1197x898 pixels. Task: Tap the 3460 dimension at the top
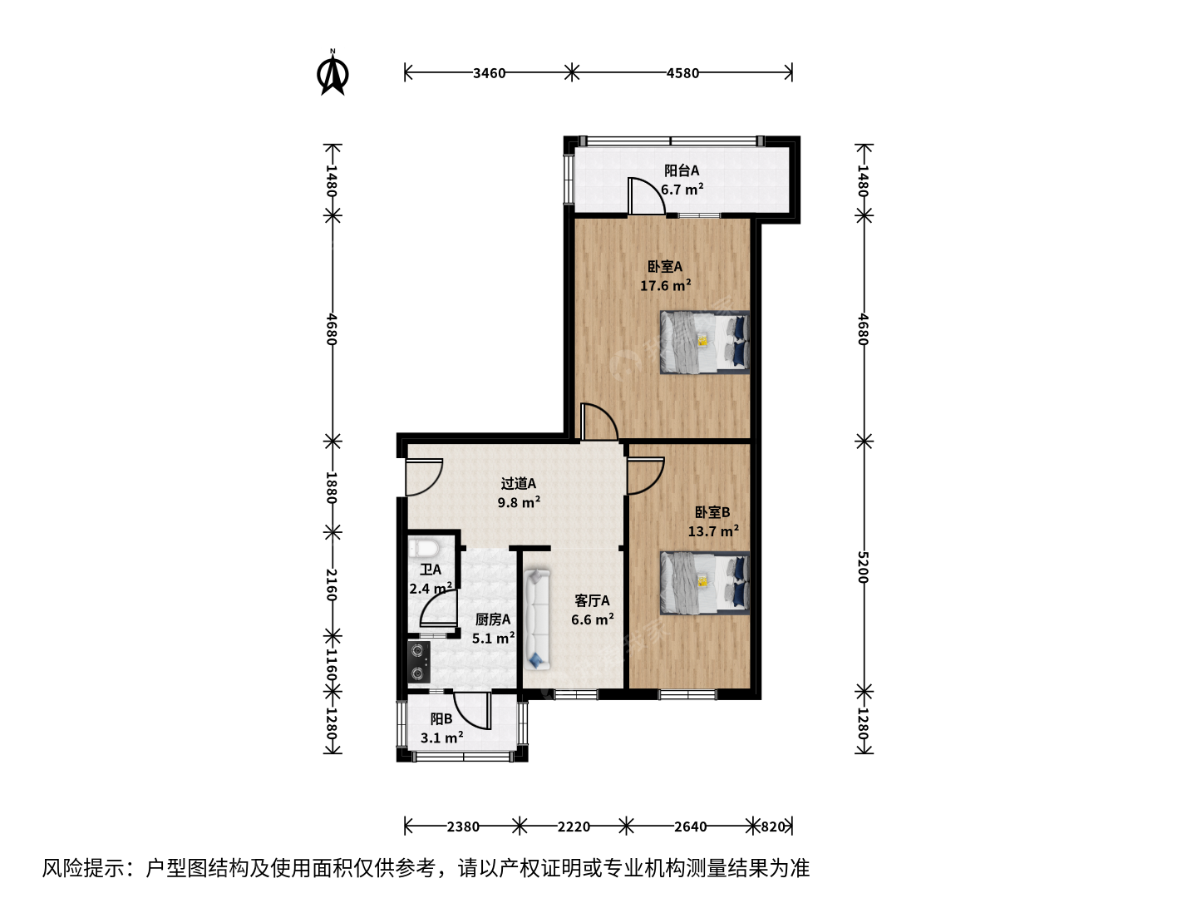tap(489, 73)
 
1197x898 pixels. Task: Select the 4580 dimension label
tap(682, 73)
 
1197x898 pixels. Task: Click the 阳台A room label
tap(681, 170)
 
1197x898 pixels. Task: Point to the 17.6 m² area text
tap(665, 285)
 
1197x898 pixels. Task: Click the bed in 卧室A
tap(705, 343)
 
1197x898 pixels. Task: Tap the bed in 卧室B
tap(705, 584)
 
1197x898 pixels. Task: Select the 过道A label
tap(518, 483)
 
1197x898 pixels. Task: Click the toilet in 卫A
tap(423, 547)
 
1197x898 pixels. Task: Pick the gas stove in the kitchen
tap(419, 663)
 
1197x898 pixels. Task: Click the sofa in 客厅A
tap(537, 620)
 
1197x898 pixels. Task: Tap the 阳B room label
tap(441, 719)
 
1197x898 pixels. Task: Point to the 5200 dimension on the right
tap(864, 567)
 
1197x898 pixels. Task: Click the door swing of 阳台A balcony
tap(647, 196)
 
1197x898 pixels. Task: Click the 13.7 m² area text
tap(713, 530)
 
